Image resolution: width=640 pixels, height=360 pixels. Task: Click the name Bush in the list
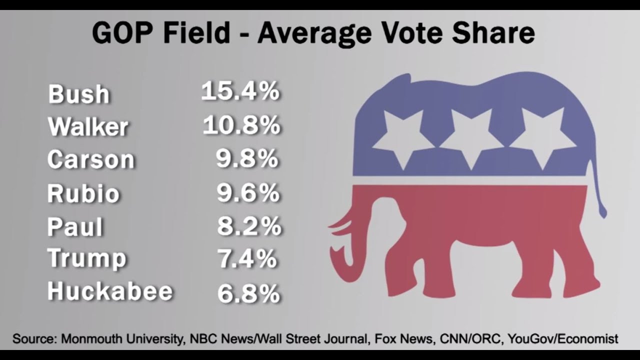pos(78,94)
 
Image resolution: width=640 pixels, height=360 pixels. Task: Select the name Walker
pos(88,126)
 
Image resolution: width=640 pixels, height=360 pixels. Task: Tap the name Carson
pos(91,159)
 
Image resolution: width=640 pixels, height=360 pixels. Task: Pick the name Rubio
pos(83,193)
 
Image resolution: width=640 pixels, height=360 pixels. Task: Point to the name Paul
pos(75,226)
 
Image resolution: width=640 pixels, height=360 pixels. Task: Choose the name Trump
pos(87,258)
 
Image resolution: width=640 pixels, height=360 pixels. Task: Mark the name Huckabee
pos(110,291)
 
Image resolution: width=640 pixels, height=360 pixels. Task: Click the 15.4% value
pos(240,91)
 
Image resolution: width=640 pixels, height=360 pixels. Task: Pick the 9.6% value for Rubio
pos(247,192)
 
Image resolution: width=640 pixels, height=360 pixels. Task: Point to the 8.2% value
pos(248,226)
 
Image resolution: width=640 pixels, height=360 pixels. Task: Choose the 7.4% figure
pos(247,259)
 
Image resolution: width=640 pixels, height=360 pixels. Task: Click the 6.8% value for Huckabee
pos(248,293)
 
